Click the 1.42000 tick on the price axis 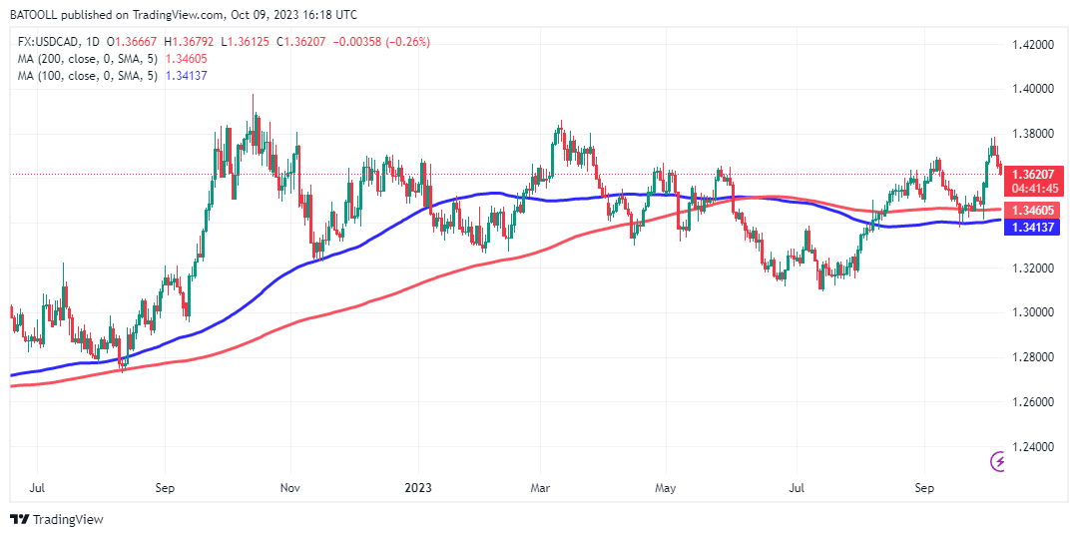coord(1033,45)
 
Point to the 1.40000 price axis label coord(1033,89)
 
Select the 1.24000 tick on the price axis coord(1033,446)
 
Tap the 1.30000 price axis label coord(1033,312)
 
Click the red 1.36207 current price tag coord(1033,174)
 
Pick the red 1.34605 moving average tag coord(1033,211)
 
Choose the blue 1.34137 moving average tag coord(1033,228)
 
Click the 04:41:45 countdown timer coord(1033,188)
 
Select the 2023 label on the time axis coord(418,489)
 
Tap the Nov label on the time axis coord(290,489)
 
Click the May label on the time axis coord(667,489)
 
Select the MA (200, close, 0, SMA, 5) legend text coord(88,59)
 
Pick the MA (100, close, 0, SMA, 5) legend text coord(88,76)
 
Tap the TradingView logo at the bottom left coord(57,519)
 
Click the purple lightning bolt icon coord(998,461)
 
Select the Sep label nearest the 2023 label coord(166,489)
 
